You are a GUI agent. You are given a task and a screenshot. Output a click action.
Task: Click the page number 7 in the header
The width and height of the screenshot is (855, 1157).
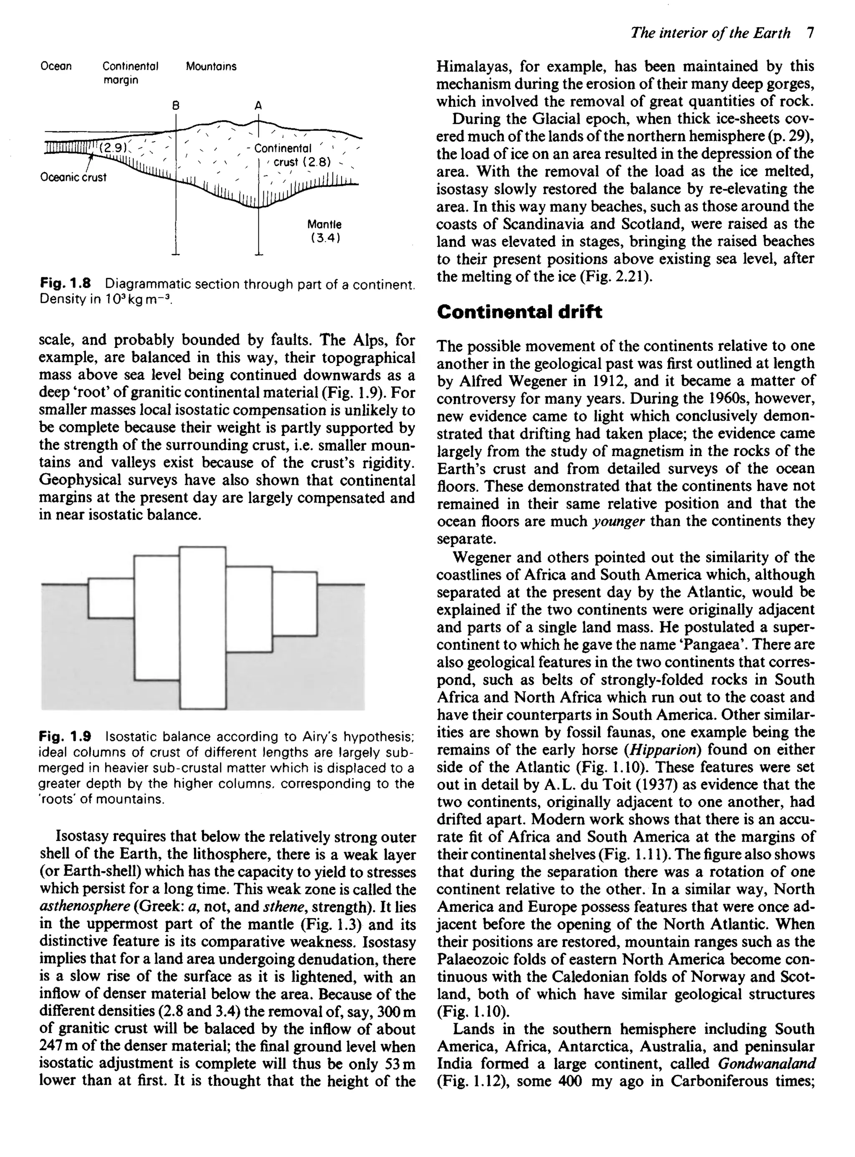click(810, 33)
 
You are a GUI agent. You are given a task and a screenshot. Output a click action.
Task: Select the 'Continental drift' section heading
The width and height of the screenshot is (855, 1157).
click(519, 312)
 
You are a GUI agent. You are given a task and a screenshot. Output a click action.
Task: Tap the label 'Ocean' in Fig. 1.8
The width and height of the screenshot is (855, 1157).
click(56, 66)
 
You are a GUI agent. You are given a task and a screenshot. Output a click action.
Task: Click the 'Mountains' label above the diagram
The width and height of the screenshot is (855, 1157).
click(211, 66)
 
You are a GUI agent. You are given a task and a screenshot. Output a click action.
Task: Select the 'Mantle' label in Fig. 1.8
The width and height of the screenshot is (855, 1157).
click(324, 225)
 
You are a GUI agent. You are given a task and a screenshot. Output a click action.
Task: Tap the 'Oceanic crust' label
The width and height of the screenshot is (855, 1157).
click(73, 177)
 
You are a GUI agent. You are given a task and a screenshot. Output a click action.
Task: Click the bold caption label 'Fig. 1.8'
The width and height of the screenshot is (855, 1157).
click(65, 284)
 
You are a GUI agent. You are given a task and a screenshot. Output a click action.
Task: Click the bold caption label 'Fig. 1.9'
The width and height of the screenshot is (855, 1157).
click(65, 736)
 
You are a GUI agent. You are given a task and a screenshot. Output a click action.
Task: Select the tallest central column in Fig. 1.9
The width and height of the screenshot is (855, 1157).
click(202, 627)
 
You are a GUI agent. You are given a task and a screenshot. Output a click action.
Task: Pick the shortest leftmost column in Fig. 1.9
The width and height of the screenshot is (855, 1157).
click(111, 598)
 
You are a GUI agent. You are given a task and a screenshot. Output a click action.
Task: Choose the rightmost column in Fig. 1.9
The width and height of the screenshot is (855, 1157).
click(294, 604)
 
